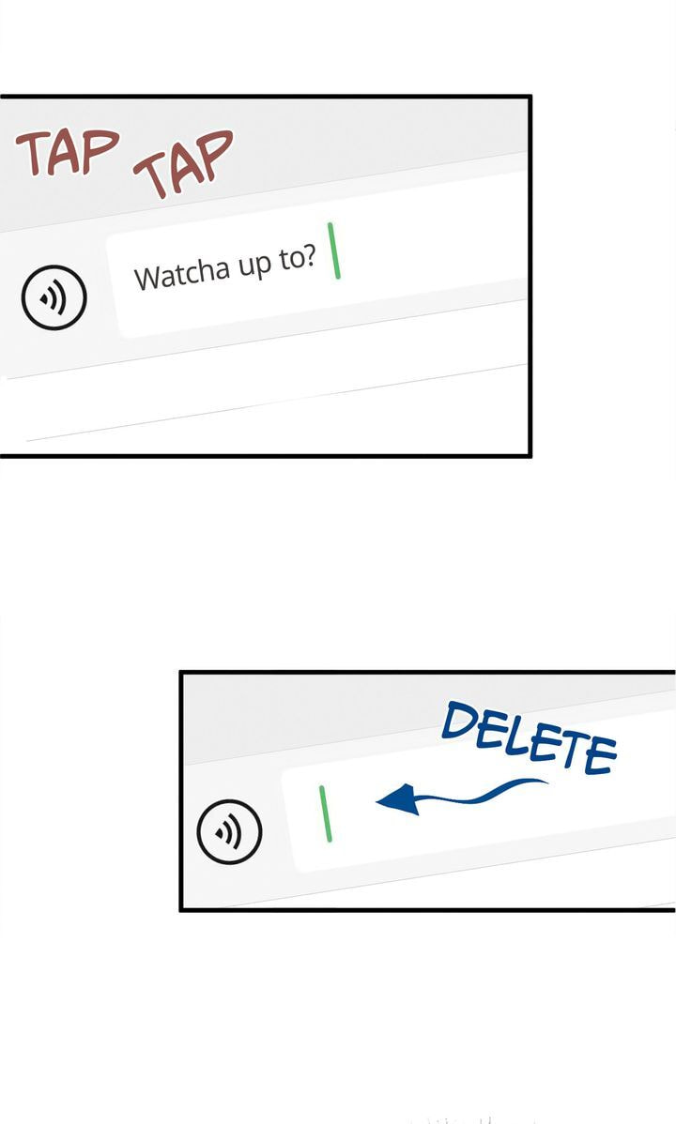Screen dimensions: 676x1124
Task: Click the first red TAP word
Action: pos(68,152)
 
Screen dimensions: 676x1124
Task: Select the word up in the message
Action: pos(255,266)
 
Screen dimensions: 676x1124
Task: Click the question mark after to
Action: pos(309,257)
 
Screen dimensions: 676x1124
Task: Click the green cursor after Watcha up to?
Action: pos(334,251)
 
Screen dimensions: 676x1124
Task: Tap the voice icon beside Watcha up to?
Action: pos(54,297)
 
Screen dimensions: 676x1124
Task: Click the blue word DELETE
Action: pos(529,738)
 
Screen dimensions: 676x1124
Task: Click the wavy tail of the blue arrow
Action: pos(481,794)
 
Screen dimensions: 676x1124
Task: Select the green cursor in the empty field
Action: pos(326,813)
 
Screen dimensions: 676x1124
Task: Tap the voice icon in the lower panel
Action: pos(230,831)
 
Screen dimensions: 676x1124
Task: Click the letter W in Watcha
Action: pos(147,278)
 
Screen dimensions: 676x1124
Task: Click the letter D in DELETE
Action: pos(459,721)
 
